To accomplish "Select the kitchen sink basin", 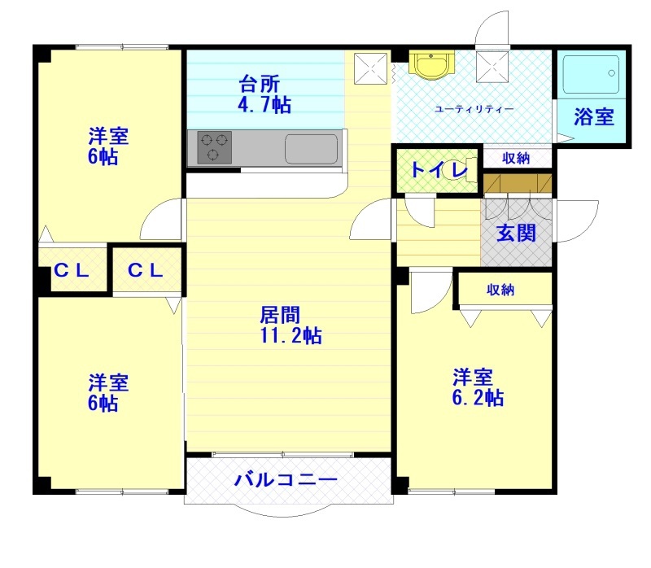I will (x=311, y=149).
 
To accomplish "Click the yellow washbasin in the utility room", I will (x=431, y=65).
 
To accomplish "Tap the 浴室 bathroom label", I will (x=593, y=116).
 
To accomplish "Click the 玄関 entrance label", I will (x=517, y=233).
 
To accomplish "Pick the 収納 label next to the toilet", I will (x=516, y=158).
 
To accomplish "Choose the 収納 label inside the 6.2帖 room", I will (x=501, y=290).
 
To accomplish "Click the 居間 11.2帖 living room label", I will (x=290, y=325).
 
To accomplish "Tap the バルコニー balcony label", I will (x=286, y=479).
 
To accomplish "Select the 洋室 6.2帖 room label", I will (x=478, y=387).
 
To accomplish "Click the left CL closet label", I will (x=72, y=271).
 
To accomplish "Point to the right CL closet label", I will (x=146, y=271).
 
